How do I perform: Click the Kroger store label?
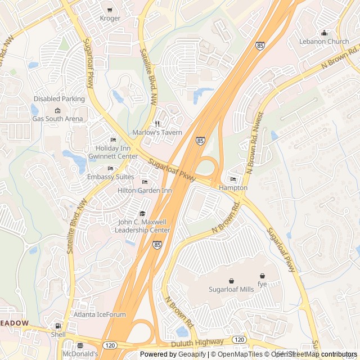coord(110,19)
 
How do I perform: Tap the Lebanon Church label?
coord(324,42)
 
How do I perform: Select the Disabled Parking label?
coord(59,99)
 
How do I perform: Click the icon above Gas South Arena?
coord(57,110)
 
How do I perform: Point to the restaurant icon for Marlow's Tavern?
coord(157,124)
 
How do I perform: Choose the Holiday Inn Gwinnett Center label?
coord(113,152)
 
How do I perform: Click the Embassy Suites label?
coord(111,177)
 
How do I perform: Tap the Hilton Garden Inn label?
coord(145,191)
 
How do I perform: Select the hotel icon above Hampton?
coord(233,179)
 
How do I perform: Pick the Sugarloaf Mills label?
coord(231,289)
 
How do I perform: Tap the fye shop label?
coord(262,283)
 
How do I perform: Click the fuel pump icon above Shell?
coord(58,326)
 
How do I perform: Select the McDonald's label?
coord(80,354)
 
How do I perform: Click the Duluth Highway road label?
coord(198,342)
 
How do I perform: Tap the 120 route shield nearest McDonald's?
coord(109,344)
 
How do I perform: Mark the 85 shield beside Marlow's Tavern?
coord(201,140)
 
